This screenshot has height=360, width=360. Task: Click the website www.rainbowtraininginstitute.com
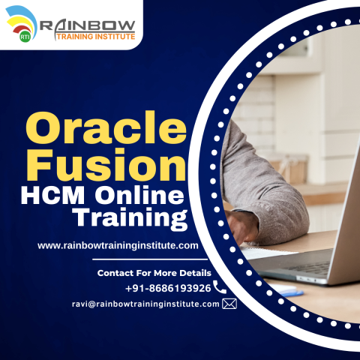[118, 245]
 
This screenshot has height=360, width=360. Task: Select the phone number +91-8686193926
[167, 288]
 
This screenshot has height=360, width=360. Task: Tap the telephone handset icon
[220, 287]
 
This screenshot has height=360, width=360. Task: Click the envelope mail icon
[229, 304]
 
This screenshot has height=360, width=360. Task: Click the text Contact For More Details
[154, 273]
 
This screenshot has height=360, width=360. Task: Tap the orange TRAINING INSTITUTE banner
[87, 36]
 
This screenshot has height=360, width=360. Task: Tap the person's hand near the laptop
[244, 225]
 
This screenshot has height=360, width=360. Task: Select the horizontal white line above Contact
[150, 259]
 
